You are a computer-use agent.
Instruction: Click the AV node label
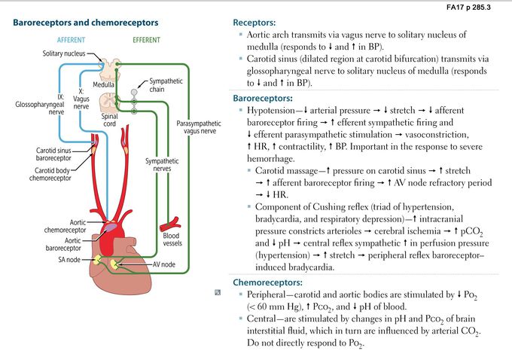tap(166, 265)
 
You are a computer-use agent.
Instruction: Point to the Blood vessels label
tap(172, 240)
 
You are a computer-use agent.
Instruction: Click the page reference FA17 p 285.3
tap(479, 7)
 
